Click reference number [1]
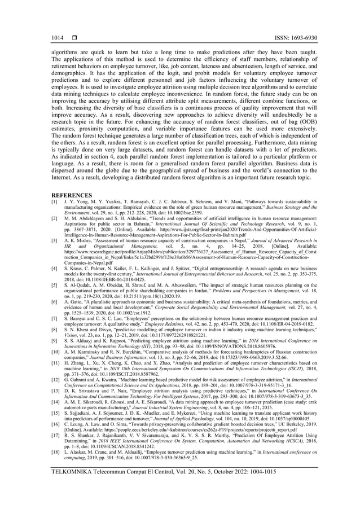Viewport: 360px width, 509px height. (x=54, y=201)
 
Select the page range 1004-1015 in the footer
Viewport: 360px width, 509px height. (x=288, y=486)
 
